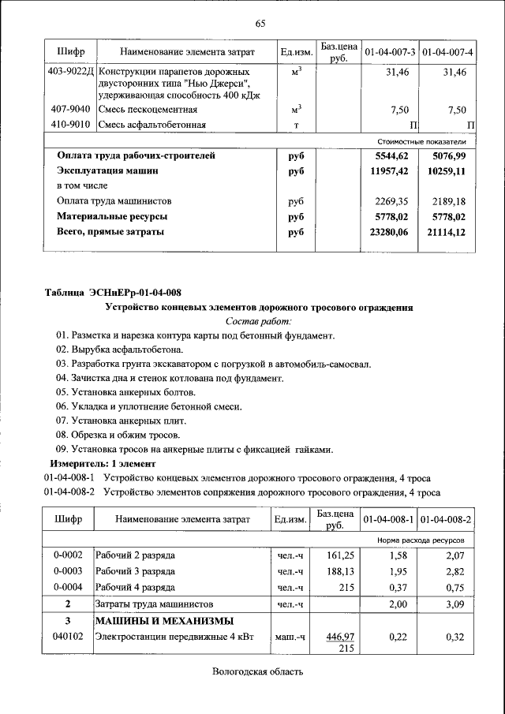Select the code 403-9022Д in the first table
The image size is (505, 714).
click(70, 72)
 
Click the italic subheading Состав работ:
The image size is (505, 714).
click(259, 321)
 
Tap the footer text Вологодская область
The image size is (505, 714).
click(257, 671)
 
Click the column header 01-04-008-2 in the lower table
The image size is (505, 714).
click(446, 519)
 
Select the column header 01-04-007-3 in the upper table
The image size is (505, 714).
click(390, 52)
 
